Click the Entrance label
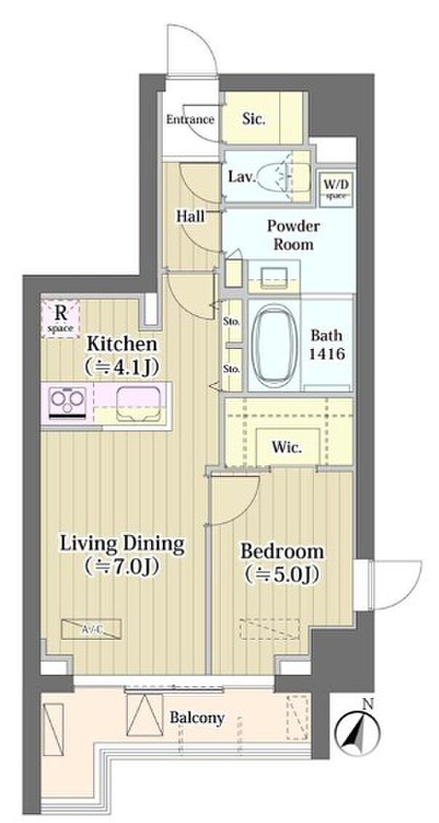click(x=190, y=120)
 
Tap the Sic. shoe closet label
click(x=254, y=119)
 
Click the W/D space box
click(x=335, y=188)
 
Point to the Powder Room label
click(x=293, y=236)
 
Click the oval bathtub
click(x=273, y=344)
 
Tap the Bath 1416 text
click(x=326, y=345)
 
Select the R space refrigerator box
click(x=60, y=318)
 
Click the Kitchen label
click(x=121, y=354)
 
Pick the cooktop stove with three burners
click(x=67, y=402)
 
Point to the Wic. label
click(x=287, y=449)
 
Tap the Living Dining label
click(x=123, y=554)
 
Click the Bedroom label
click(x=282, y=563)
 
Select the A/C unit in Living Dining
click(x=91, y=629)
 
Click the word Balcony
click(x=197, y=718)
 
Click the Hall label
click(x=190, y=216)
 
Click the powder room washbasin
click(x=273, y=276)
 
